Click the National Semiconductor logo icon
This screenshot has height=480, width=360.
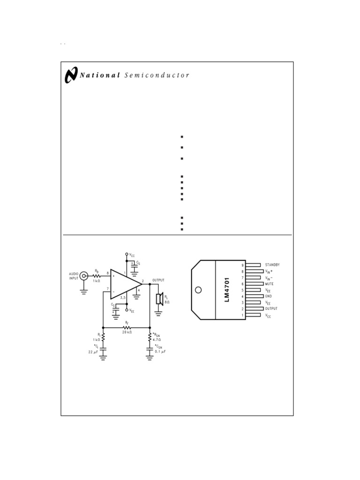[71, 75]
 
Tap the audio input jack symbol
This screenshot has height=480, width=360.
[84, 276]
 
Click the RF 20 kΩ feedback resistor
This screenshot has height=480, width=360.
[127, 327]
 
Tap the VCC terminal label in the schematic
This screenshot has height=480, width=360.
[132, 255]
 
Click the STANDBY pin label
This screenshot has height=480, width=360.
[272, 265]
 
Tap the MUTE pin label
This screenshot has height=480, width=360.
[270, 284]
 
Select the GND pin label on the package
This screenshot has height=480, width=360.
[269, 296]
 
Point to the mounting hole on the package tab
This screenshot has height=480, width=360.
[198, 290]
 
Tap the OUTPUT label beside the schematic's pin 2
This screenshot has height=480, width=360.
[158, 280]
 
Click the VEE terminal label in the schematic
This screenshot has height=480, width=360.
[132, 311]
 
